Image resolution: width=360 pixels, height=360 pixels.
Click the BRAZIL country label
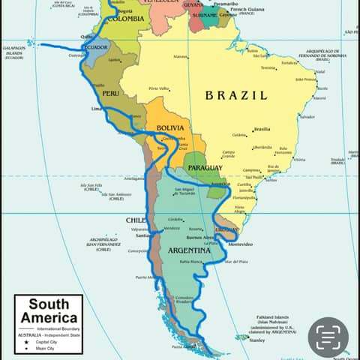click(235, 95)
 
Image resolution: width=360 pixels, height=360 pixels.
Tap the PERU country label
click(110, 93)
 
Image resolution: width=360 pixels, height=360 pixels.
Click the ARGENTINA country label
click(190, 249)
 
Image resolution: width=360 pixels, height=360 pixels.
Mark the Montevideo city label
click(241, 244)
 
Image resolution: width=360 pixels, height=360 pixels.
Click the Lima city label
click(96, 109)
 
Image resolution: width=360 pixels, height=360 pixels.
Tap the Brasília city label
click(262, 129)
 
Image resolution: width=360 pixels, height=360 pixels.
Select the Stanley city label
click(257, 340)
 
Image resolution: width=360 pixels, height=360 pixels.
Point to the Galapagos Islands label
click(13, 52)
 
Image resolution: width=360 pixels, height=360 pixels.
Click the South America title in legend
click(49, 311)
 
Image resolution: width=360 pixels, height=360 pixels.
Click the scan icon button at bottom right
click(328, 337)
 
